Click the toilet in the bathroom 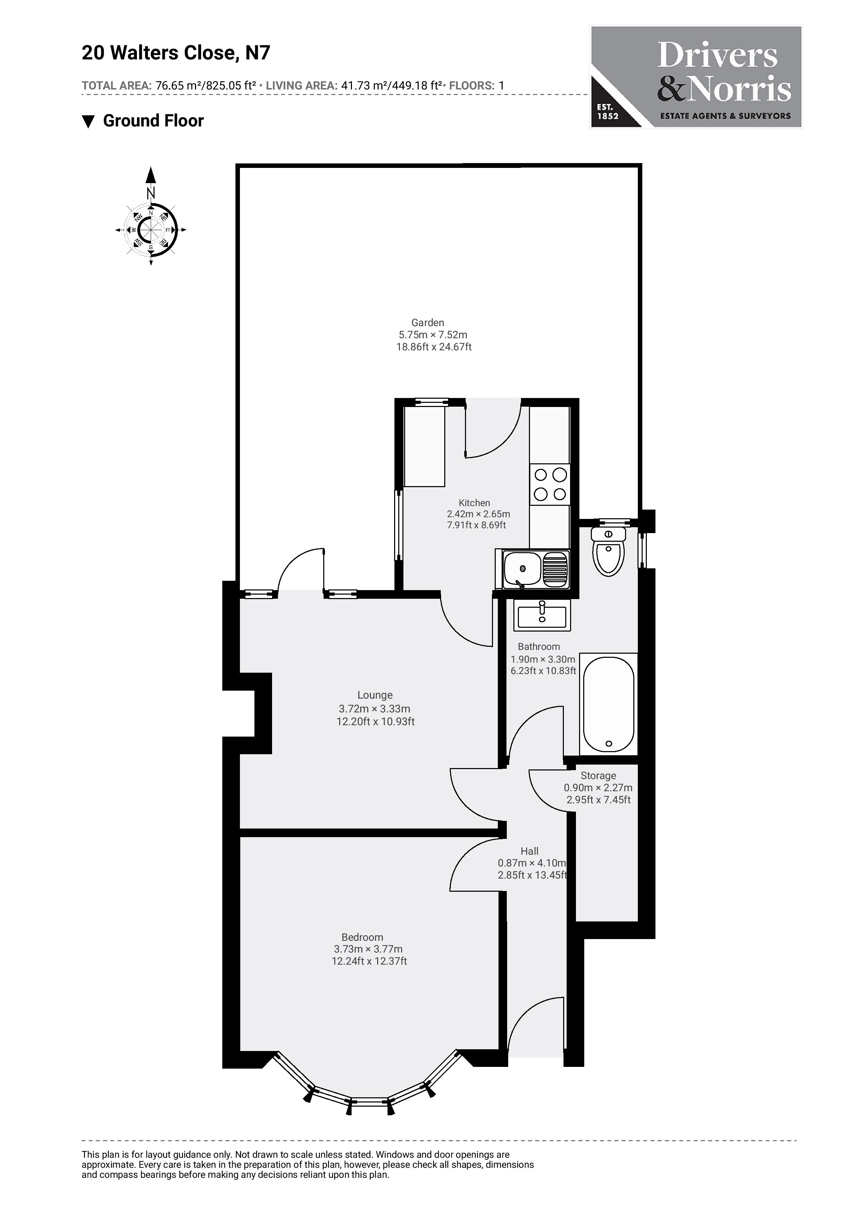click(609, 551)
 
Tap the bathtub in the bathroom click(608, 704)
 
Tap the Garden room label click(428, 323)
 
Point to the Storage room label click(598, 775)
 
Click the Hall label click(530, 851)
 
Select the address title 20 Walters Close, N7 click(176, 53)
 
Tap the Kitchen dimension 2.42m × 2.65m click(478, 514)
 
